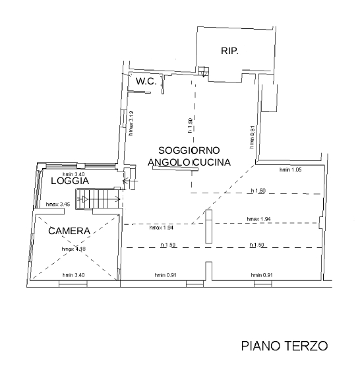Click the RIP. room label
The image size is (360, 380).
[229, 51]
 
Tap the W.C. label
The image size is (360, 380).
[145, 81]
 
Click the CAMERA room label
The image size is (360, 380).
[69, 231]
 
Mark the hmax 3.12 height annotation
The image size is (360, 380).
[132, 121]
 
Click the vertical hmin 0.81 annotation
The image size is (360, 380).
[253, 136]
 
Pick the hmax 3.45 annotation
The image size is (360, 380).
[56, 205]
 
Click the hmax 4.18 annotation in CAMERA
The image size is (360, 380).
[73, 249]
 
